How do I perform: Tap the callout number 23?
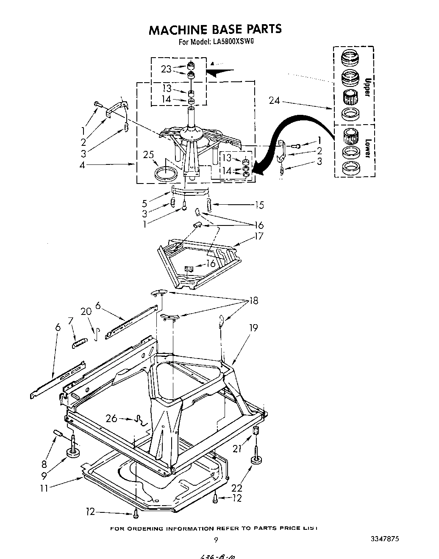coord(166,69)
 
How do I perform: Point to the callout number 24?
coord(275,100)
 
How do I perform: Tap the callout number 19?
coord(253,327)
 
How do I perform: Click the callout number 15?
coord(259,205)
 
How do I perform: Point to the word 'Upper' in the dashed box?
coord(368,87)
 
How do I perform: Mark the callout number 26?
coord(111,419)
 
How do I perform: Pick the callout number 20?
coord(86,311)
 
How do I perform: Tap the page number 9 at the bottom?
coord(216,540)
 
